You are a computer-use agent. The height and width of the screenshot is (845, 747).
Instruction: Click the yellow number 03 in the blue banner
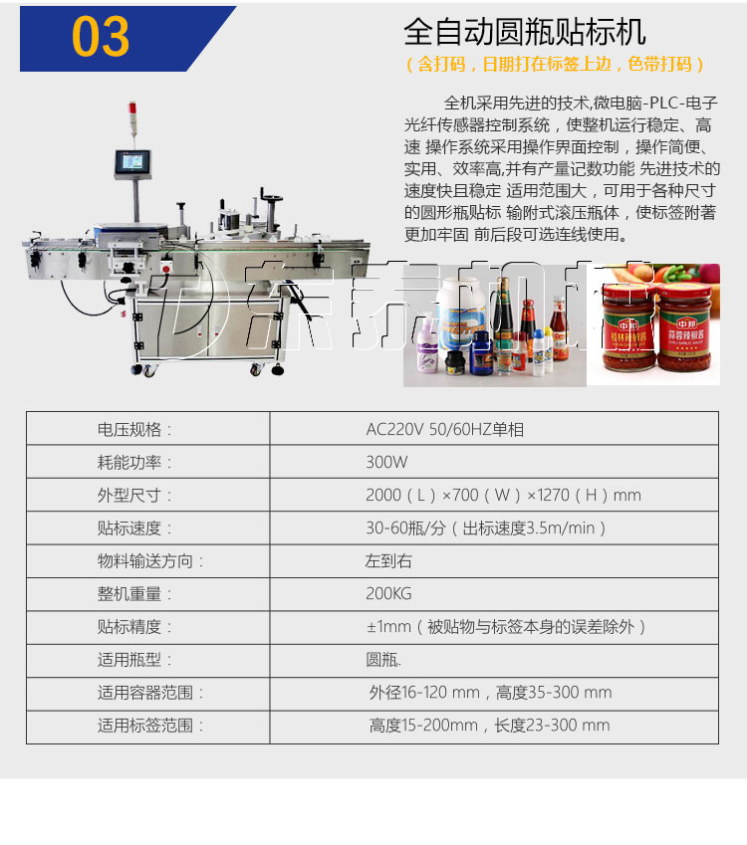tap(101, 37)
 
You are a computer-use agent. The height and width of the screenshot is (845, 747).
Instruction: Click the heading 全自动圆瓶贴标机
tap(524, 32)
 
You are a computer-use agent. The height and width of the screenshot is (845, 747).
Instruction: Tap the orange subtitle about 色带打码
tap(555, 64)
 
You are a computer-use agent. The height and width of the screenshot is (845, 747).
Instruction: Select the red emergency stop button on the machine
tap(166, 267)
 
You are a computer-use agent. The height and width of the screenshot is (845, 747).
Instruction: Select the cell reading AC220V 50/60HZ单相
tap(444, 430)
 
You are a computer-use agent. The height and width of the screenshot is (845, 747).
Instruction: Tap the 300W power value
tap(386, 463)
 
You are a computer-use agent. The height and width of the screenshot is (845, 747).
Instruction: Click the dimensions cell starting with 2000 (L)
tap(503, 496)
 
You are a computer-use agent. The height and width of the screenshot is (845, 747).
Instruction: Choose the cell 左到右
tap(388, 561)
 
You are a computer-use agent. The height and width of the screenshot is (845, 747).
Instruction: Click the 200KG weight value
tap(388, 594)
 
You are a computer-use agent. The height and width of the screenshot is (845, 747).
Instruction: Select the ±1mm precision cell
tap(506, 627)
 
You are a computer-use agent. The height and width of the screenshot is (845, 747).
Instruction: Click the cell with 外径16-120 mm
tap(490, 693)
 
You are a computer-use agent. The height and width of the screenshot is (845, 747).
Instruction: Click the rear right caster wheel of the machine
tap(278, 369)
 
